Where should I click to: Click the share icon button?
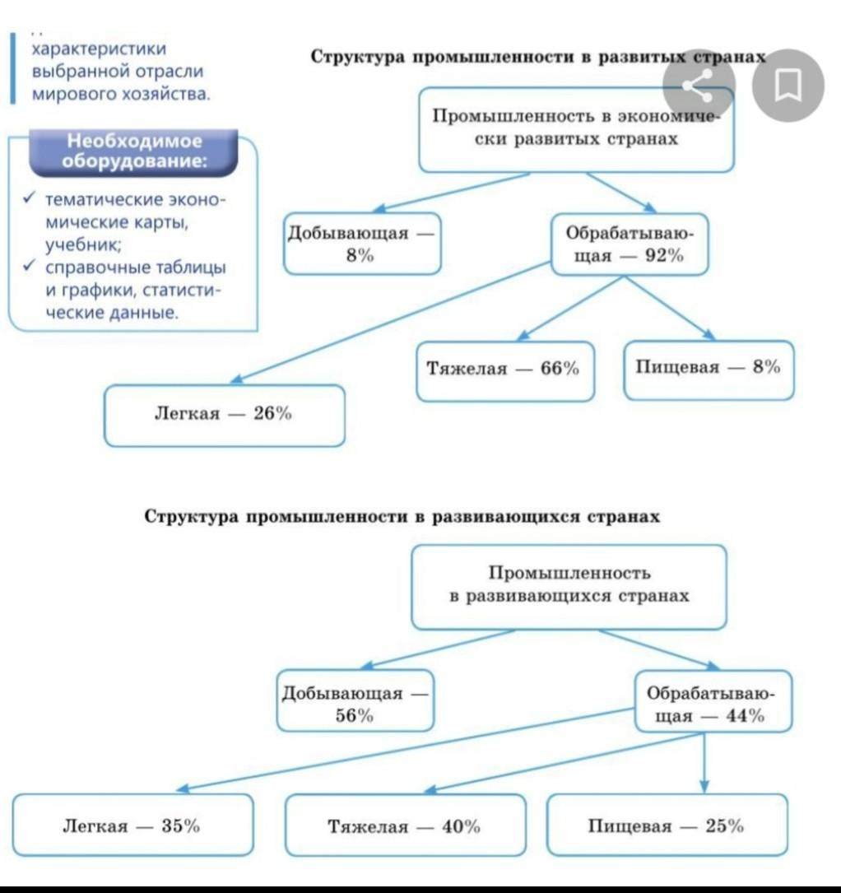pyautogui.click(x=699, y=85)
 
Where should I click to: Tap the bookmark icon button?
pyautogui.click(x=788, y=85)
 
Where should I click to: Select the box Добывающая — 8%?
pyautogui.click(x=362, y=244)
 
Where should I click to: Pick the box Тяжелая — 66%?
pyautogui.click(x=504, y=370)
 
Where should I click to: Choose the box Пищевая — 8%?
pyautogui.click(x=709, y=369)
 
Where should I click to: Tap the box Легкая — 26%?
pyautogui.click(x=224, y=415)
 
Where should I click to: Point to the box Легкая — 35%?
pyautogui.click(x=132, y=826)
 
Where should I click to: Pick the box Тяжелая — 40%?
pyautogui.click(x=405, y=826)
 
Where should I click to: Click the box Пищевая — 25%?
pyautogui.click(x=667, y=826)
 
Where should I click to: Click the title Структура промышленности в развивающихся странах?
pyautogui.click(x=402, y=517)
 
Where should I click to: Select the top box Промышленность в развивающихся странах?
pyautogui.click(x=569, y=585)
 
